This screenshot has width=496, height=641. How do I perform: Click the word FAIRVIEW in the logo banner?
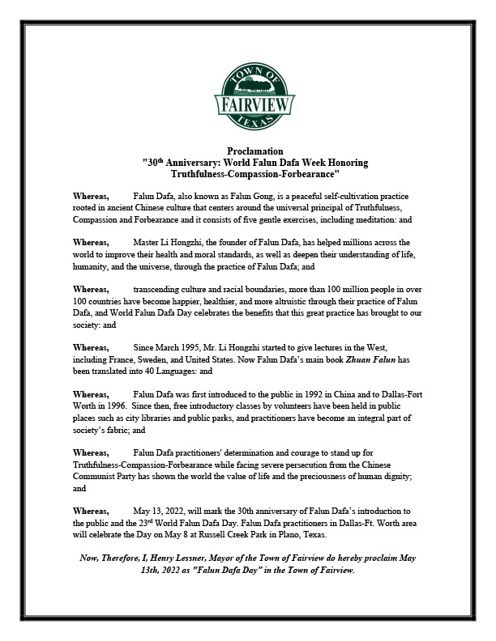click(249, 104)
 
